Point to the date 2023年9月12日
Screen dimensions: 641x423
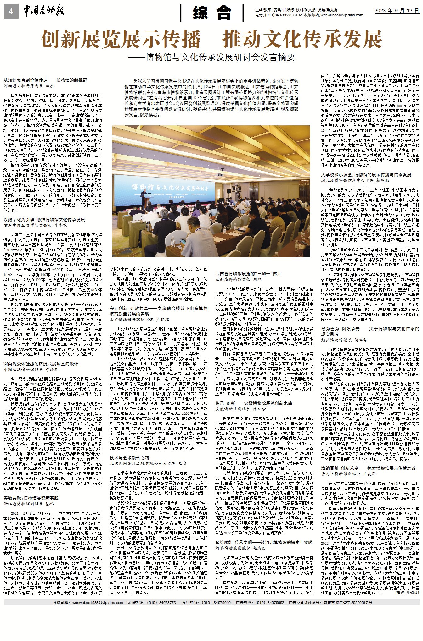tap(397, 10)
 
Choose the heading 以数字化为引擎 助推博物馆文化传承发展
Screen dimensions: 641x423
tap(44, 220)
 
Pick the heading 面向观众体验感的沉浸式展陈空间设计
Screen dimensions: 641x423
tap(41, 364)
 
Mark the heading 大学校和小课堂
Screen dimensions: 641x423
tap(366, 174)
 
